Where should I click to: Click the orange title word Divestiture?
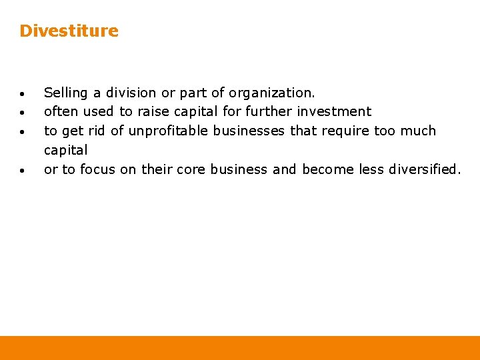point(69,31)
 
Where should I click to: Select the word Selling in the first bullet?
point(64,93)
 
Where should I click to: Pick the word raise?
point(153,111)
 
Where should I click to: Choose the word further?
point(269,111)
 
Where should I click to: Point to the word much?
point(418,131)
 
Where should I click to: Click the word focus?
point(98,169)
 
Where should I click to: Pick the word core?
point(191,169)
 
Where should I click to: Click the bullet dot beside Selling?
point(23,94)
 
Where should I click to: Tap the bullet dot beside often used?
point(23,113)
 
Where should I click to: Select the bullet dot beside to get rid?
point(23,132)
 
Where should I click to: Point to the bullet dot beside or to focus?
point(23,171)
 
